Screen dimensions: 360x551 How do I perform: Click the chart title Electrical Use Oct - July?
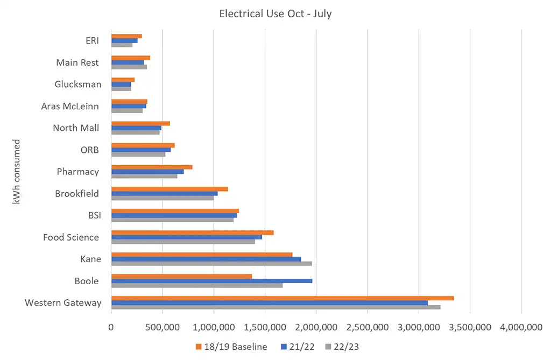(275, 14)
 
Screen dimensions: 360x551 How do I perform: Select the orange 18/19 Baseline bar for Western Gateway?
(282, 298)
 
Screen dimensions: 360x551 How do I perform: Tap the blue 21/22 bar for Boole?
(211, 281)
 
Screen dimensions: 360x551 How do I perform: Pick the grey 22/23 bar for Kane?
(211, 263)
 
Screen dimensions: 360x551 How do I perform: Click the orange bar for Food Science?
(192, 232)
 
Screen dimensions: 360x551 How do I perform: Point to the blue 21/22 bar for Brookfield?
(164, 193)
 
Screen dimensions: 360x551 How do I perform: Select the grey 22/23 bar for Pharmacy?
(144, 176)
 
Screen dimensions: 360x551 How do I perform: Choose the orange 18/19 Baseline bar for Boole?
(181, 277)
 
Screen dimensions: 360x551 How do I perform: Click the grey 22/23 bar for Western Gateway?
(275, 307)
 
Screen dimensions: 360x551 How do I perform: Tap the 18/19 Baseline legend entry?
(231, 347)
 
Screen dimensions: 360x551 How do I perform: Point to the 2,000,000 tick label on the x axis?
(316, 327)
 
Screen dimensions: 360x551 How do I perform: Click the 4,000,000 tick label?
(521, 327)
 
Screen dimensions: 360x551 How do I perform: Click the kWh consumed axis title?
(17, 172)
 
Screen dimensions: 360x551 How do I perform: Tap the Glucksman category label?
(78, 84)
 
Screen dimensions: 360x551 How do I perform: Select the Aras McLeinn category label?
(70, 106)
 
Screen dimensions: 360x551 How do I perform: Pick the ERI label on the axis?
(92, 41)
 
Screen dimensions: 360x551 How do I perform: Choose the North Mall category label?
(76, 128)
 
